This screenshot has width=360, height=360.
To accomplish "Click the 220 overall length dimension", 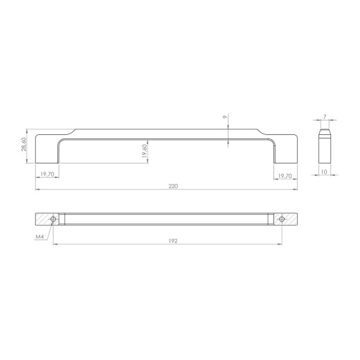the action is [173, 186].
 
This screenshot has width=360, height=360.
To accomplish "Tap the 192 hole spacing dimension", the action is [173, 241].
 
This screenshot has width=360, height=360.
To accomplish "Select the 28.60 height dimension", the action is [24, 144].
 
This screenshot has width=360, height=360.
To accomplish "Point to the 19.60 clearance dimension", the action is [145, 151].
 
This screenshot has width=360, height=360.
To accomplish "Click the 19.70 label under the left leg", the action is [47, 174].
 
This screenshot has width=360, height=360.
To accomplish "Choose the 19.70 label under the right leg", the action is [285, 176].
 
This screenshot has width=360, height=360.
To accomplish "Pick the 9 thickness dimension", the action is [225, 117].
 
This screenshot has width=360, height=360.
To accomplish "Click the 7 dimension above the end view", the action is [325, 117].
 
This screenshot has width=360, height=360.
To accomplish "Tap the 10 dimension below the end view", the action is [324, 172].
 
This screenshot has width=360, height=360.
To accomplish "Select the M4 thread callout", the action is [39, 237].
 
